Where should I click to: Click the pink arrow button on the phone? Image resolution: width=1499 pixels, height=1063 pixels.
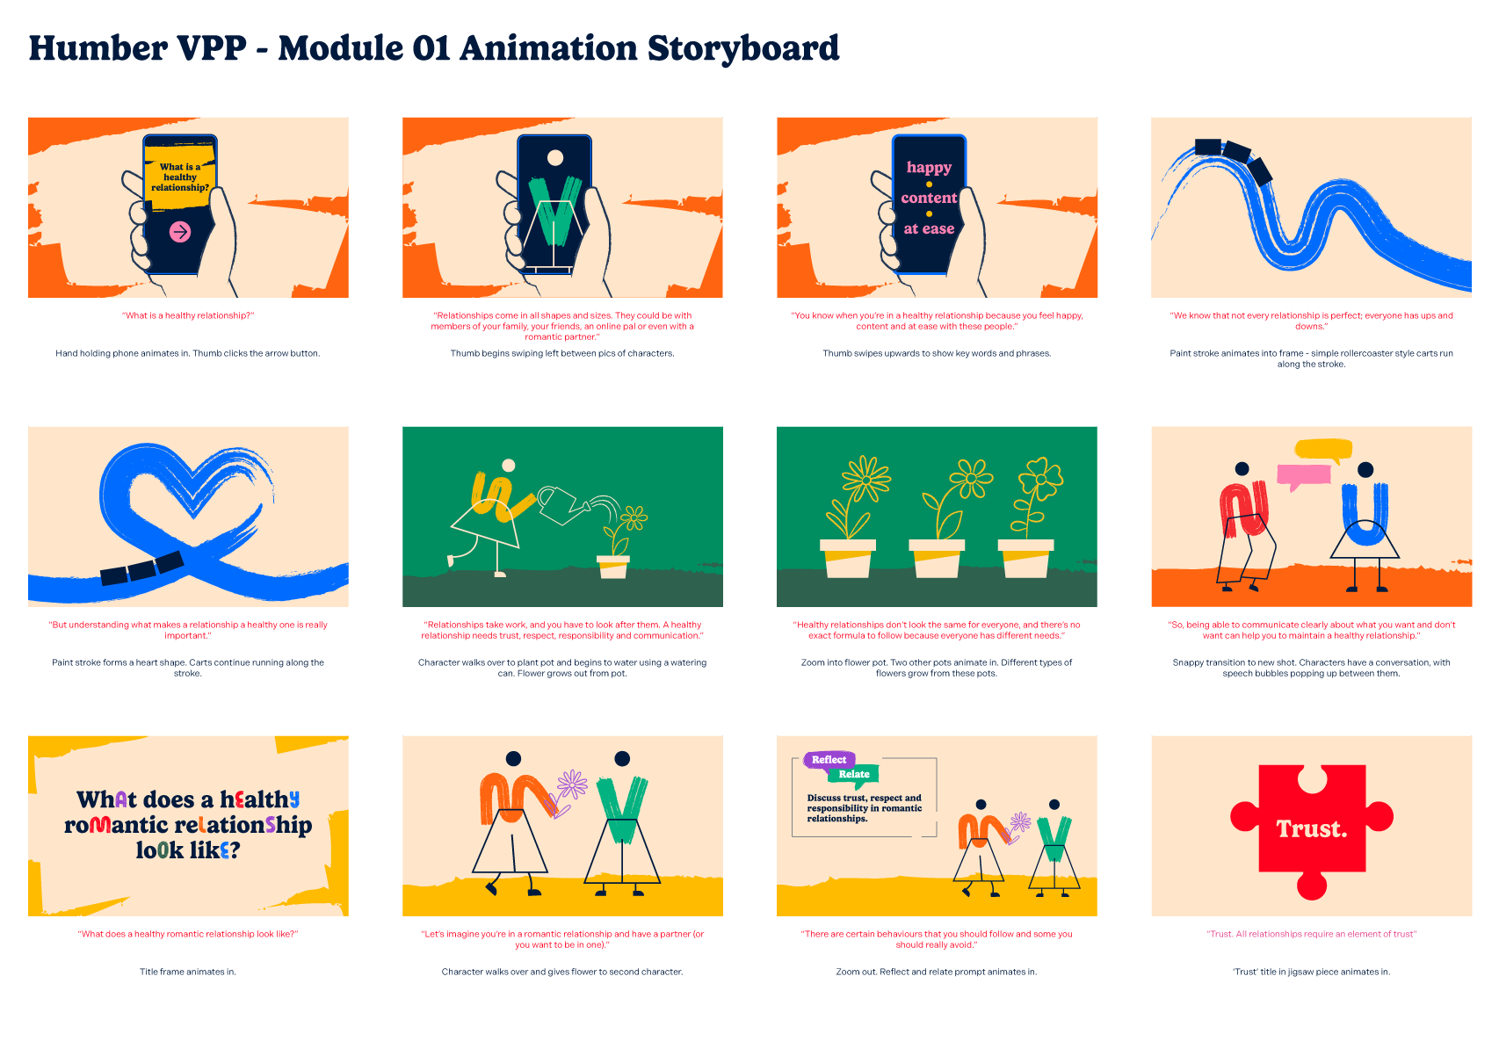click(x=180, y=231)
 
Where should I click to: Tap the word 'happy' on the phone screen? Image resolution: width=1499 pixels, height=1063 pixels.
click(x=929, y=167)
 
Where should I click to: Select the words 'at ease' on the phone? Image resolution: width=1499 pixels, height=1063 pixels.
click(x=929, y=228)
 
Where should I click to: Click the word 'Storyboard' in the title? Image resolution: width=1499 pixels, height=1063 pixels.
click(x=743, y=48)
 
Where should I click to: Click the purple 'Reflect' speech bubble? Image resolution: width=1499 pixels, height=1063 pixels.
click(x=829, y=760)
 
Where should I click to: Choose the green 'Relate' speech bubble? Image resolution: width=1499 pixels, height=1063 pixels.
click(x=853, y=774)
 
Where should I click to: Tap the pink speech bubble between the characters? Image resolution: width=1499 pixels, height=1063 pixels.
click(x=1303, y=475)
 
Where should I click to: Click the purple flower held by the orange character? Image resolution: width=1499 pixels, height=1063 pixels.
click(x=572, y=783)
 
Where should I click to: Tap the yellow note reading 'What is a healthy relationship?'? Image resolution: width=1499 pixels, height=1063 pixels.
click(x=180, y=177)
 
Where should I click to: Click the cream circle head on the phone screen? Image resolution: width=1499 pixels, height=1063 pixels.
click(x=555, y=158)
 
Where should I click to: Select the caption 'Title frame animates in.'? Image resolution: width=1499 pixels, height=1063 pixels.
click(x=188, y=972)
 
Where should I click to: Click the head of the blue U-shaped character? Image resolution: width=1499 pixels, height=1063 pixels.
click(x=1365, y=470)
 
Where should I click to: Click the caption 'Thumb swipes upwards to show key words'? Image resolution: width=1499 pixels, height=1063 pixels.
click(x=937, y=353)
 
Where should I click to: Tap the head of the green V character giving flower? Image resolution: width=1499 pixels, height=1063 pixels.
click(x=622, y=758)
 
